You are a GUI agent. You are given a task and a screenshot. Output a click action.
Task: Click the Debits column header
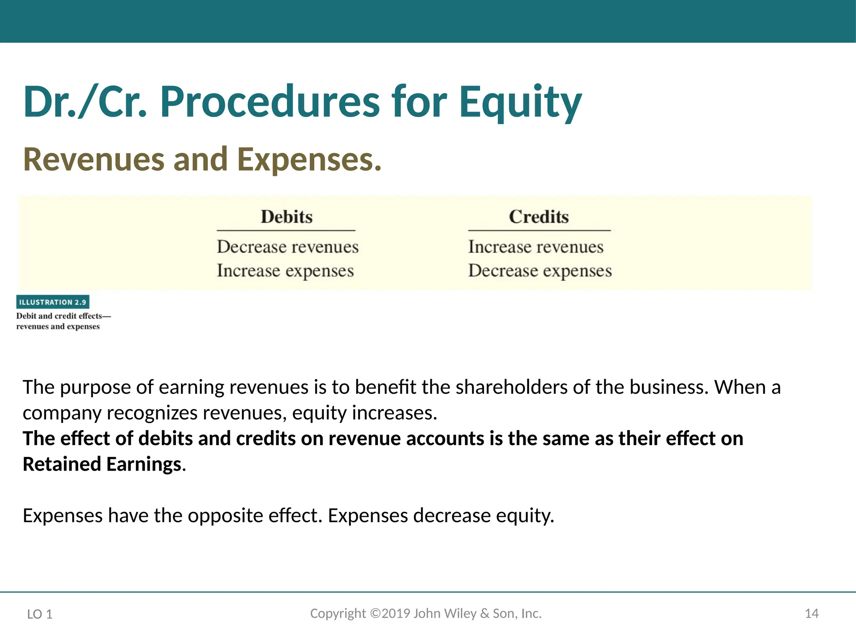287,217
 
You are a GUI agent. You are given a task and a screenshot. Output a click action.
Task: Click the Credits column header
539,217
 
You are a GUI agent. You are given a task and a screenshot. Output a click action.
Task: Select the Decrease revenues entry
288,247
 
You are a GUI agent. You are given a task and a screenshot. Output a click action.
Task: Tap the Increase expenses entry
285,271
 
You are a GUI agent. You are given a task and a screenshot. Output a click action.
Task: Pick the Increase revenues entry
536,247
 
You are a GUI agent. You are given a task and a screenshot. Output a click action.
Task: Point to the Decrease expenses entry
540,271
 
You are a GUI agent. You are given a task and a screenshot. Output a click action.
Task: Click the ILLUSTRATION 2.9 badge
53,302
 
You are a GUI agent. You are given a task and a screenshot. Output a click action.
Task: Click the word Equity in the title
520,102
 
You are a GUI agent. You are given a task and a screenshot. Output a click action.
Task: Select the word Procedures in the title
270,102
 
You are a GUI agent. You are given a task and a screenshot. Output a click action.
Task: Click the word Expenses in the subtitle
309,160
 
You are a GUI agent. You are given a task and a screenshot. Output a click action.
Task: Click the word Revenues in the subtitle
94,160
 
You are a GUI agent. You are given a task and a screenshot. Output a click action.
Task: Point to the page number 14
811,614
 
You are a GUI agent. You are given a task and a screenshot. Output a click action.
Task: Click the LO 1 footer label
40,614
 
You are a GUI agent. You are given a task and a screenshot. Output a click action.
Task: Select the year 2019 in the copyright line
396,613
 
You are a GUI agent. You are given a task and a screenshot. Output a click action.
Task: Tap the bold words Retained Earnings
102,464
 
